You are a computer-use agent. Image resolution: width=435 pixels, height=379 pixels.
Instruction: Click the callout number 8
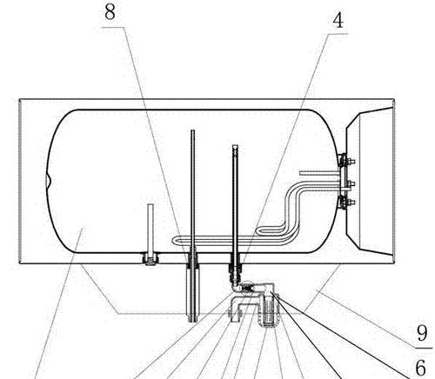[x=110, y=12]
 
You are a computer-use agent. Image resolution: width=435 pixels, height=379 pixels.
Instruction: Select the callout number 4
[x=338, y=21]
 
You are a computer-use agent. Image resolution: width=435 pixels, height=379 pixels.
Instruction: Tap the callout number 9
[x=422, y=333]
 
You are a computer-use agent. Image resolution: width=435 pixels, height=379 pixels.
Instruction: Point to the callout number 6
[x=421, y=367]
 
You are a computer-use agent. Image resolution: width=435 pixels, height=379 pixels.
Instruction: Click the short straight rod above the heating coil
[x=319, y=173]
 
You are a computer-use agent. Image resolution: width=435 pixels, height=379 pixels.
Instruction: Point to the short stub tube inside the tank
[x=151, y=229]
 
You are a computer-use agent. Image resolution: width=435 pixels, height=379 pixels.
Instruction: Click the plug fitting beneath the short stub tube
[x=151, y=259]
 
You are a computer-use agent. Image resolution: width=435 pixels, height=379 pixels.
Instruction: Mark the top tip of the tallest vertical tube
[x=192, y=130]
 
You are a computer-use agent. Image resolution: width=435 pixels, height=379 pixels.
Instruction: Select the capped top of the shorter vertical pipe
[x=235, y=147]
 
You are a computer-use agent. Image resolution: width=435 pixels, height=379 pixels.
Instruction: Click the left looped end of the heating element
[x=175, y=241]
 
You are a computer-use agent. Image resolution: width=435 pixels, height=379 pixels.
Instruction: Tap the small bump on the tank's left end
[x=48, y=181]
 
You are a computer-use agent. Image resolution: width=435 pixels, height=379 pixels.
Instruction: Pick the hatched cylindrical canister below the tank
[x=268, y=312]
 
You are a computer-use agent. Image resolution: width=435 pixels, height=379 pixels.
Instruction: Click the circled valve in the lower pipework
[x=248, y=289]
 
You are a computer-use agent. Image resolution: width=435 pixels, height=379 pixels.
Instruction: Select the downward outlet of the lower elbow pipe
[x=236, y=316]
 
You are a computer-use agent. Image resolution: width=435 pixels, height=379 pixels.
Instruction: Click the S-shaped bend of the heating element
[x=291, y=209]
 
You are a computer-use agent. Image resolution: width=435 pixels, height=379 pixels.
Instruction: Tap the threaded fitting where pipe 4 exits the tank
[x=235, y=268]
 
